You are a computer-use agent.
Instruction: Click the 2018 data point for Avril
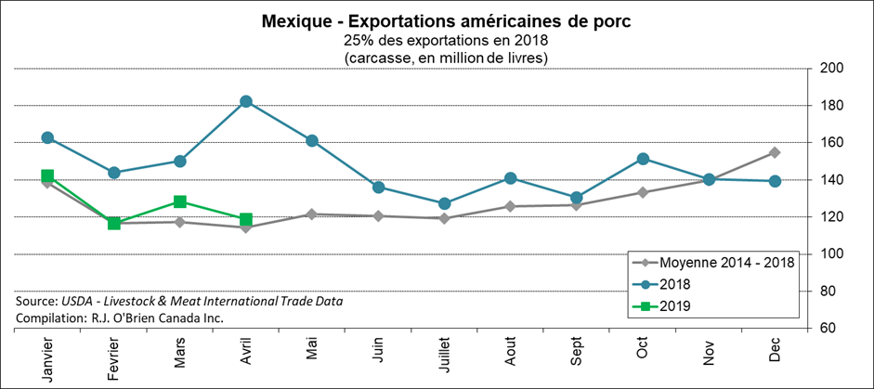(x=246, y=101)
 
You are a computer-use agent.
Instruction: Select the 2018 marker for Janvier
(x=47, y=137)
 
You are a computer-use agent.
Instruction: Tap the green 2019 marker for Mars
(x=180, y=201)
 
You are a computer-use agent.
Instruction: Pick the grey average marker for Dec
(x=775, y=152)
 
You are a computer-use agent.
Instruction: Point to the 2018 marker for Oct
(x=643, y=159)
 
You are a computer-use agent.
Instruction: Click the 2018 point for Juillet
(x=444, y=203)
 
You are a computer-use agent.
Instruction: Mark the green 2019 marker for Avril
(x=246, y=219)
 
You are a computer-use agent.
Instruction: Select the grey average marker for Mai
(x=312, y=214)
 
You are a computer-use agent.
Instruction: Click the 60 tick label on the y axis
(x=828, y=329)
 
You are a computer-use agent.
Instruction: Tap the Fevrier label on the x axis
(x=114, y=357)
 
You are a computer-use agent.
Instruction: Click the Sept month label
(x=577, y=350)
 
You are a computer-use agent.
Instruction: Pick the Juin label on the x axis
(x=379, y=350)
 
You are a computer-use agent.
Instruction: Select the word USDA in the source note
(x=81, y=301)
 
